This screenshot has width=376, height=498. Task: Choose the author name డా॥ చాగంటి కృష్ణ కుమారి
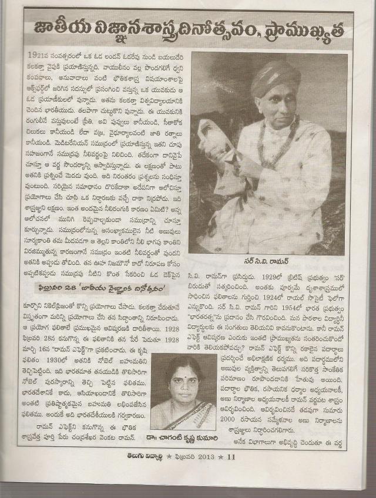click(180, 437)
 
